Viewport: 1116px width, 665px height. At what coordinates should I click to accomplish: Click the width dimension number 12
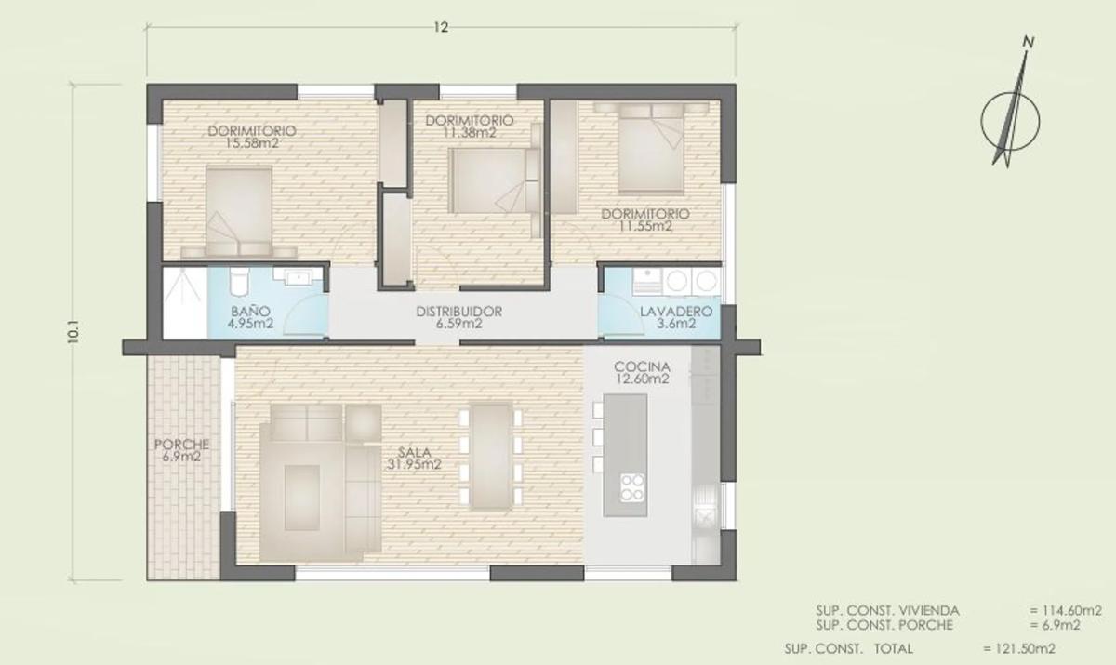tap(441, 27)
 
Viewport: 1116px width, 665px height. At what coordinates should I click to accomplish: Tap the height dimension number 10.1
tap(73, 332)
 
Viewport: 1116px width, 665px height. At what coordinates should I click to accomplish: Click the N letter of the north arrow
tap(1029, 43)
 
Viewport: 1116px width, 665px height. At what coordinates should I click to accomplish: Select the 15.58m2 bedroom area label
tap(252, 143)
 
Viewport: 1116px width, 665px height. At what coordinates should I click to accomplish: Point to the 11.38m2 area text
tap(470, 132)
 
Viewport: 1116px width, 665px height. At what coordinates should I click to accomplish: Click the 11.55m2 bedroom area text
tap(645, 227)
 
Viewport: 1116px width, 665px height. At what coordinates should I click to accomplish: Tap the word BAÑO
tap(250, 312)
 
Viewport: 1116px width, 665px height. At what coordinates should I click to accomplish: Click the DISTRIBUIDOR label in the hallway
tap(458, 312)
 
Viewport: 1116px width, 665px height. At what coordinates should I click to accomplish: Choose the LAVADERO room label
tap(676, 312)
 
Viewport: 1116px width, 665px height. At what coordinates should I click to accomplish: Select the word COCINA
tap(642, 367)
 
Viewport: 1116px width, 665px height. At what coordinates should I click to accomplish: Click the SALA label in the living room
tap(415, 453)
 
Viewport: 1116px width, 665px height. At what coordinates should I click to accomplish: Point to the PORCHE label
tap(181, 445)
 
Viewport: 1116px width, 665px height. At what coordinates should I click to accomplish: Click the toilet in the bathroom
tap(240, 282)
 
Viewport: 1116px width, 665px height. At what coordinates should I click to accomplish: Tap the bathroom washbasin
tap(299, 277)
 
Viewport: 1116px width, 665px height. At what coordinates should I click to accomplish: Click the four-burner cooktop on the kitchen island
tap(631, 487)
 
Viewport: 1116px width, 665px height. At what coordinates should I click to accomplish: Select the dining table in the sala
tap(491, 457)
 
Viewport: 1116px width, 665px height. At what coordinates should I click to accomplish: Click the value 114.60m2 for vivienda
tap(1066, 611)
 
